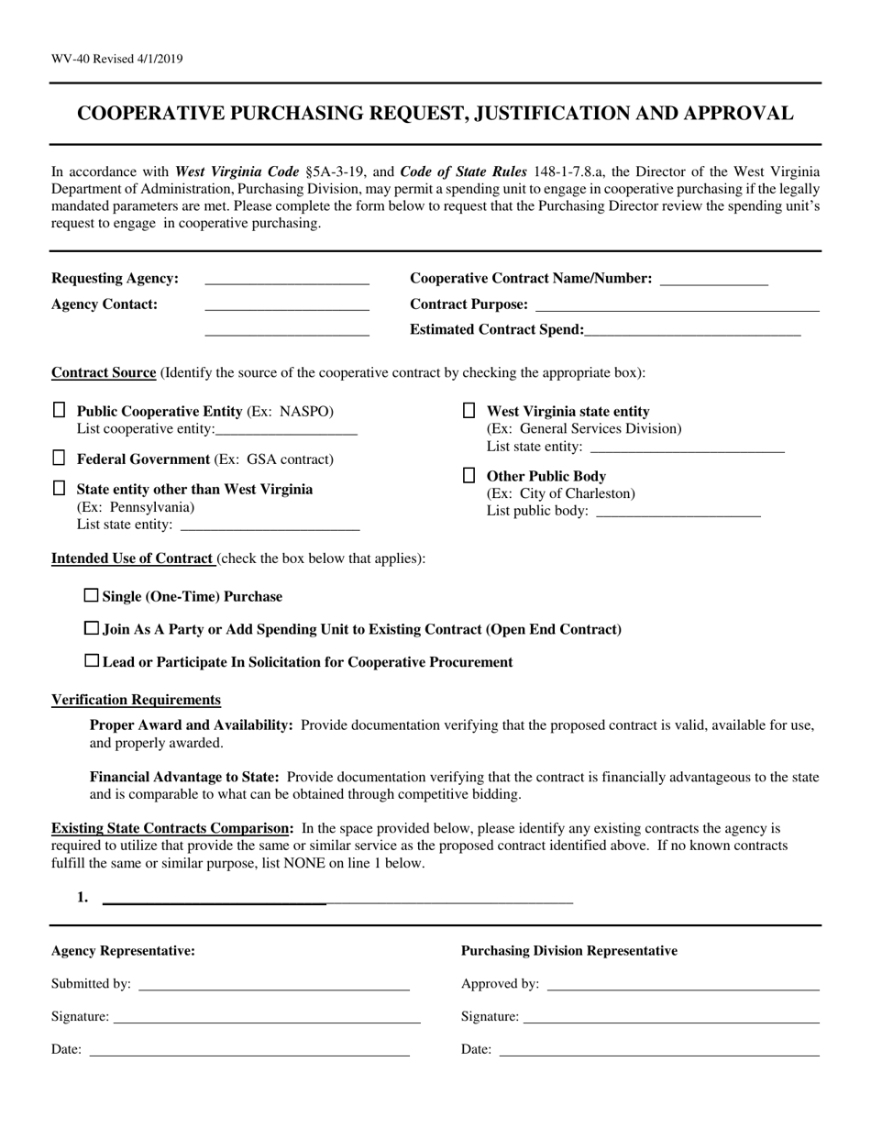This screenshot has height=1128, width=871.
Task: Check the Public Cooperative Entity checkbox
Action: coord(59,410)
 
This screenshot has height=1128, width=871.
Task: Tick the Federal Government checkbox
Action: coord(59,458)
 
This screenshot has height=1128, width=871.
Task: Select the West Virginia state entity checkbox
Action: coord(469,410)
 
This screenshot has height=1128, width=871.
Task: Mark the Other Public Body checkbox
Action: coord(469,475)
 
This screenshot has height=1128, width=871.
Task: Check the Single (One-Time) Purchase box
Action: coord(91,595)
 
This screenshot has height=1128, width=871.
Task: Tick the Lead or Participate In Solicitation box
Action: coord(91,660)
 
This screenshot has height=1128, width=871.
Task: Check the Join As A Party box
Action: coord(91,628)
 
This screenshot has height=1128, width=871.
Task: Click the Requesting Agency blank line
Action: coord(286,280)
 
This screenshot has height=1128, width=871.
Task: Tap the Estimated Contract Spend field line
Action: coord(692,331)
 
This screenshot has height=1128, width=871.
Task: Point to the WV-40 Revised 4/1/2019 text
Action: coord(116,59)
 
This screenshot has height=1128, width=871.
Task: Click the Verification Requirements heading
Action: coord(136,700)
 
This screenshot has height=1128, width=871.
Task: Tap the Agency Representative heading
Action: coord(123,951)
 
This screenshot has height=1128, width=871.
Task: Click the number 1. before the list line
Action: coord(83,897)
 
